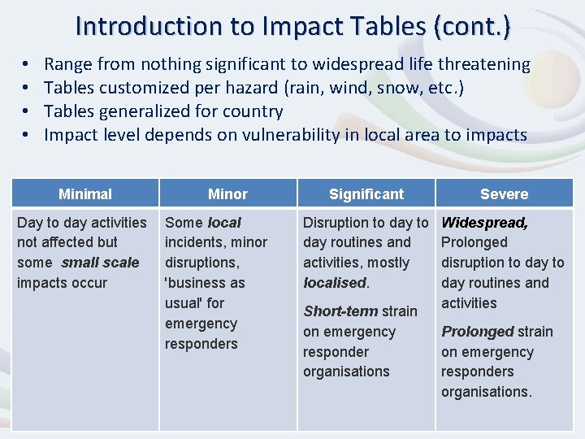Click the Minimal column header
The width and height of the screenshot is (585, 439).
pyautogui.click(x=85, y=194)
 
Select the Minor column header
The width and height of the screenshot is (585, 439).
pyautogui.click(x=227, y=194)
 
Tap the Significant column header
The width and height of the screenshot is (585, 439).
pyautogui.click(x=366, y=194)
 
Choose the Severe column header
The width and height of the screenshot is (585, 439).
pyautogui.click(x=504, y=194)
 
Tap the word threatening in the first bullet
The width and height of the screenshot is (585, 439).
pyautogui.click(x=484, y=64)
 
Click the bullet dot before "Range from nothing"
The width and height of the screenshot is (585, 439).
pyautogui.click(x=27, y=64)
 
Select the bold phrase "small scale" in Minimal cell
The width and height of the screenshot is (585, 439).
pyautogui.click(x=99, y=263)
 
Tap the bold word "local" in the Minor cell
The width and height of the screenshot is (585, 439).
pyautogui.click(x=224, y=223)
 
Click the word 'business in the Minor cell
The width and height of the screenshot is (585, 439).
pyautogui.click(x=193, y=283)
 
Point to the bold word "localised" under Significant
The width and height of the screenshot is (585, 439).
pyautogui.click(x=334, y=283)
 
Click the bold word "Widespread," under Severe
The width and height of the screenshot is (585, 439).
pyautogui.click(x=484, y=223)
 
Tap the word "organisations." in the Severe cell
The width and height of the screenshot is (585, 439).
pyautogui.click(x=487, y=392)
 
